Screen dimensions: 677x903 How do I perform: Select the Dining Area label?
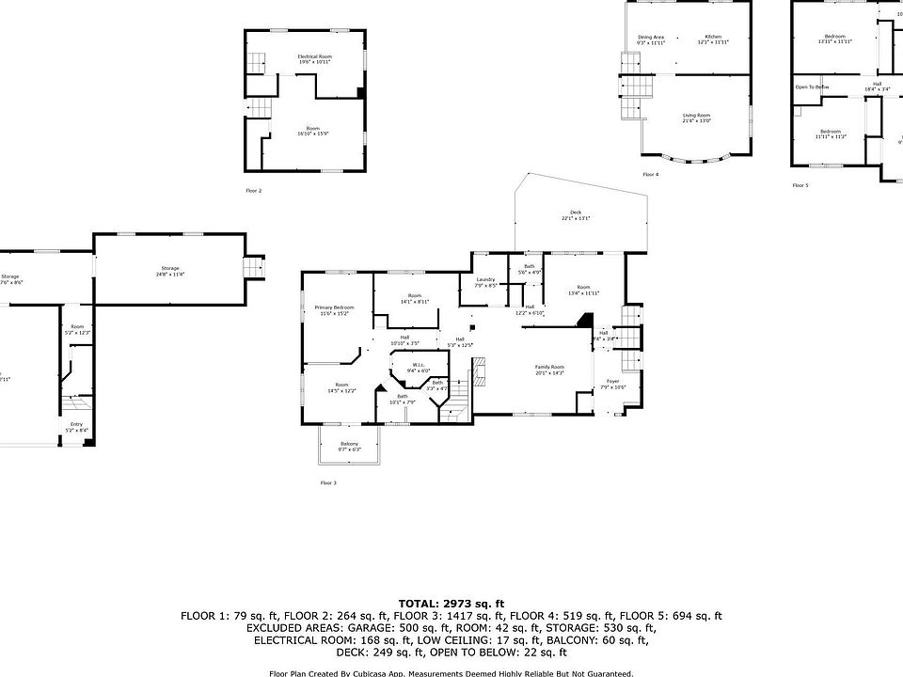coord(651,37)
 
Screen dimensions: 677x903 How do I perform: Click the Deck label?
coord(576,213)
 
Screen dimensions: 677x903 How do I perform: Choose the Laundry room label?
coord(485,279)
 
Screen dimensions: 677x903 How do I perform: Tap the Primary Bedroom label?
coord(335,307)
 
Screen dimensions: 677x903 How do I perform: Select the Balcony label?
coord(349,444)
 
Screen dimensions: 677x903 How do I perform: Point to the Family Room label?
coord(549,367)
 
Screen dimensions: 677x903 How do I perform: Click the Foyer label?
coord(612,382)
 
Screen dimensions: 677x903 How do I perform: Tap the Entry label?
coord(76,424)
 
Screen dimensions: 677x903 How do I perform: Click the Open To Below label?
coord(812,87)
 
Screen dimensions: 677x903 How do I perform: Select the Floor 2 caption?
coord(254,190)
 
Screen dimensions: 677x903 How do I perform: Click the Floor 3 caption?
coord(328,482)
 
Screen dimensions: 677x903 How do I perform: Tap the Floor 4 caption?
coord(651,174)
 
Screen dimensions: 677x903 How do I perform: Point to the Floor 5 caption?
coord(800,185)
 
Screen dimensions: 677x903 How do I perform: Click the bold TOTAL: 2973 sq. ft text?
coord(451,603)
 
